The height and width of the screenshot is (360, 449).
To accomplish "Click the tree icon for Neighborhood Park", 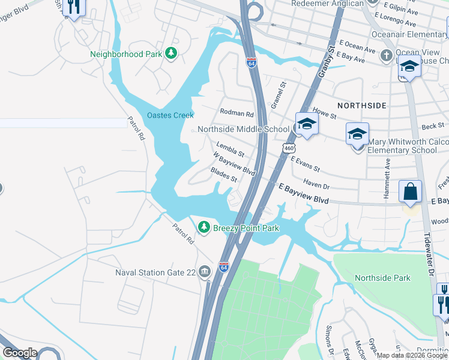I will (172, 54).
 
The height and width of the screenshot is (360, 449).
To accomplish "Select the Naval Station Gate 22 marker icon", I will (205, 272).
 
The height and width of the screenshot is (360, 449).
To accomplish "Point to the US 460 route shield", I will (289, 148).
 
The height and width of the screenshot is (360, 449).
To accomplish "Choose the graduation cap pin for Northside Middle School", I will (306, 125).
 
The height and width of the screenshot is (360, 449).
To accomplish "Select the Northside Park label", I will (382, 278).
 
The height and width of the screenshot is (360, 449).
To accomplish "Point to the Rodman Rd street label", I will (237, 113).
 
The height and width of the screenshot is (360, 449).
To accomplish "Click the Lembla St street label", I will (231, 149).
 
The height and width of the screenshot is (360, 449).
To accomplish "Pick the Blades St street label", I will (224, 175).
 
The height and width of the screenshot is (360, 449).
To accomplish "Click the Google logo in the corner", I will (19, 353).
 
